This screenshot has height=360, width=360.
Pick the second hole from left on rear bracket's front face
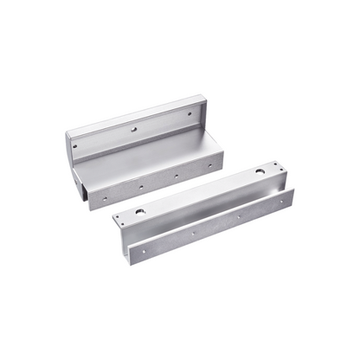tap(137, 184)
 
